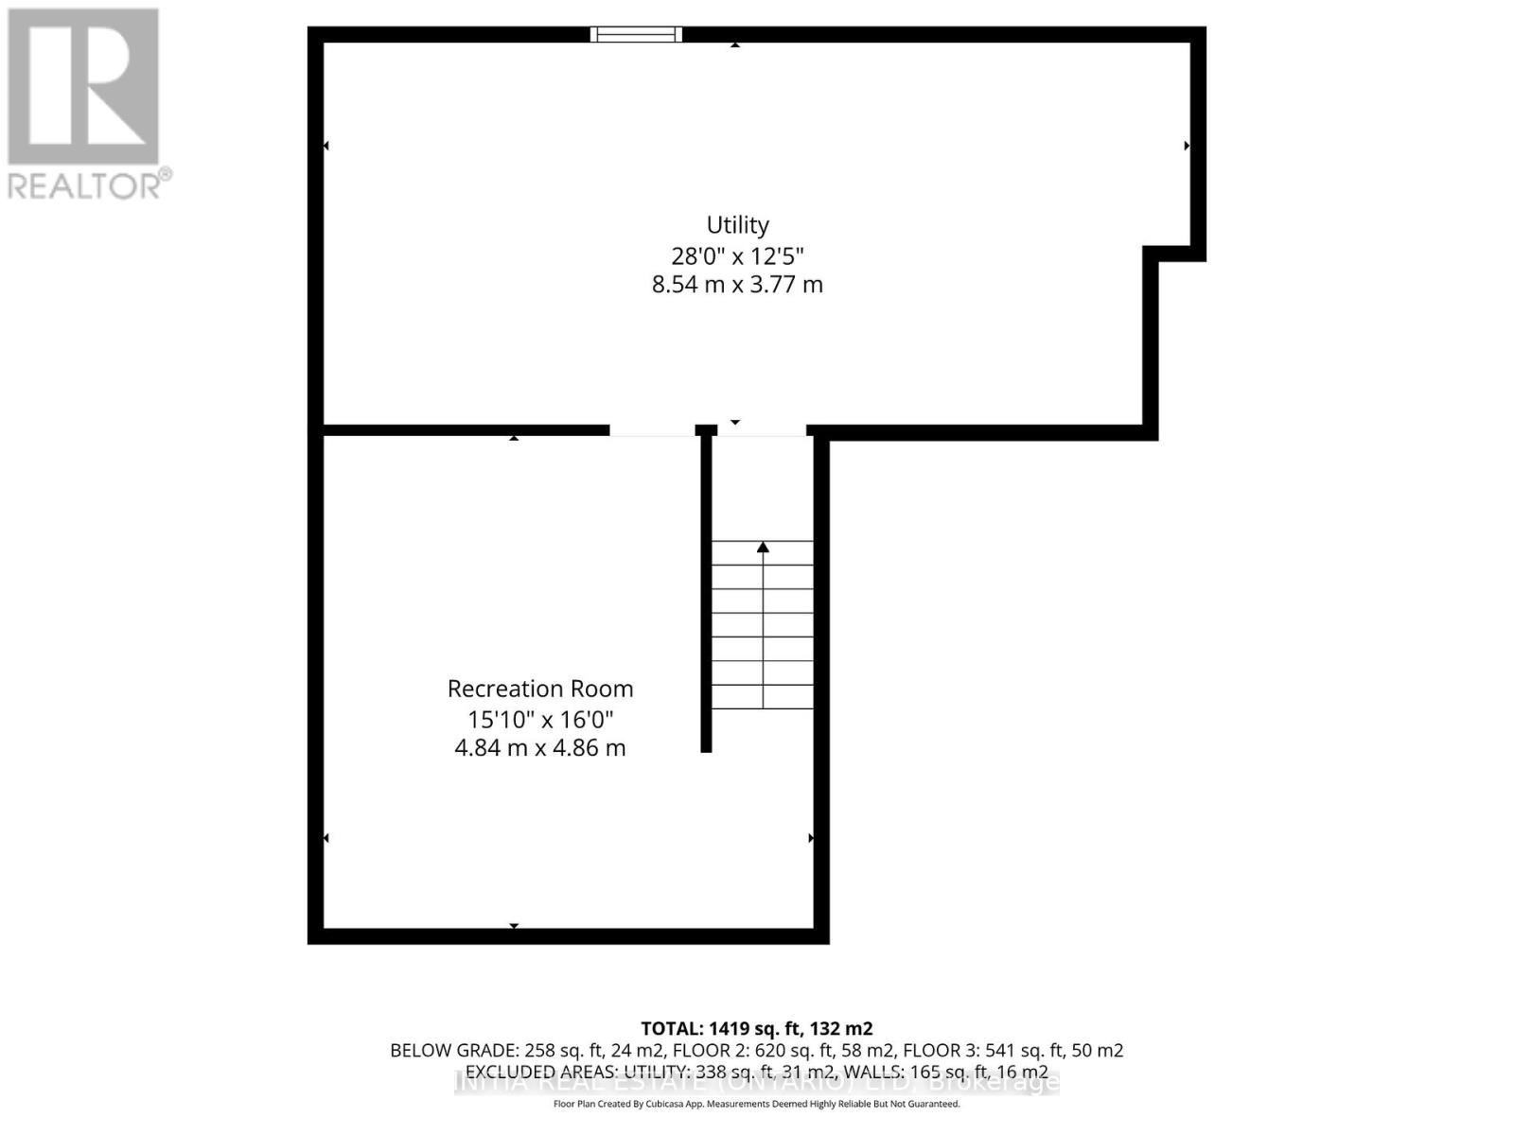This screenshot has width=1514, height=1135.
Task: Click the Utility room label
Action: point(737,225)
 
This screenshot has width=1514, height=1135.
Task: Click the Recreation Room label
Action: point(540,689)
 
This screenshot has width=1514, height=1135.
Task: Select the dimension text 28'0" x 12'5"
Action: point(737,255)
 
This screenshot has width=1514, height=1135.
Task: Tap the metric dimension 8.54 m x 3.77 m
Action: point(737,285)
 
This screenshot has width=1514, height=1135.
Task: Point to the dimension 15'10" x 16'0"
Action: point(540,719)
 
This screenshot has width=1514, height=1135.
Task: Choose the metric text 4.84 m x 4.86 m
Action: point(540,748)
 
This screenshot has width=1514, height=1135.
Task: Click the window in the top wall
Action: point(636,35)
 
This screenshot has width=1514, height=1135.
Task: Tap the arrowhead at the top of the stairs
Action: point(763,547)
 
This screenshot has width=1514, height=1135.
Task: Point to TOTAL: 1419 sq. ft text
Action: point(756,1028)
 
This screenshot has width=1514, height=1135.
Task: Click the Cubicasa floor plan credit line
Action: point(756,1104)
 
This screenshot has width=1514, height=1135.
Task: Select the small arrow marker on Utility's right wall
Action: point(1187,146)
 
